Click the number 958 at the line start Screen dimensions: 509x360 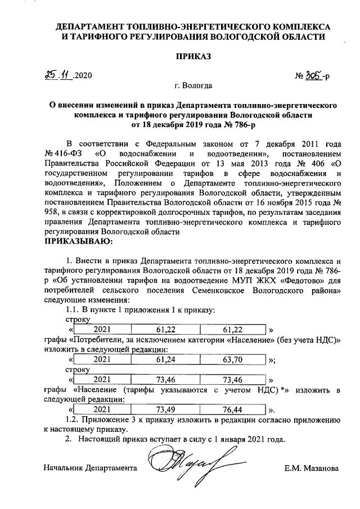click(52, 212)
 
